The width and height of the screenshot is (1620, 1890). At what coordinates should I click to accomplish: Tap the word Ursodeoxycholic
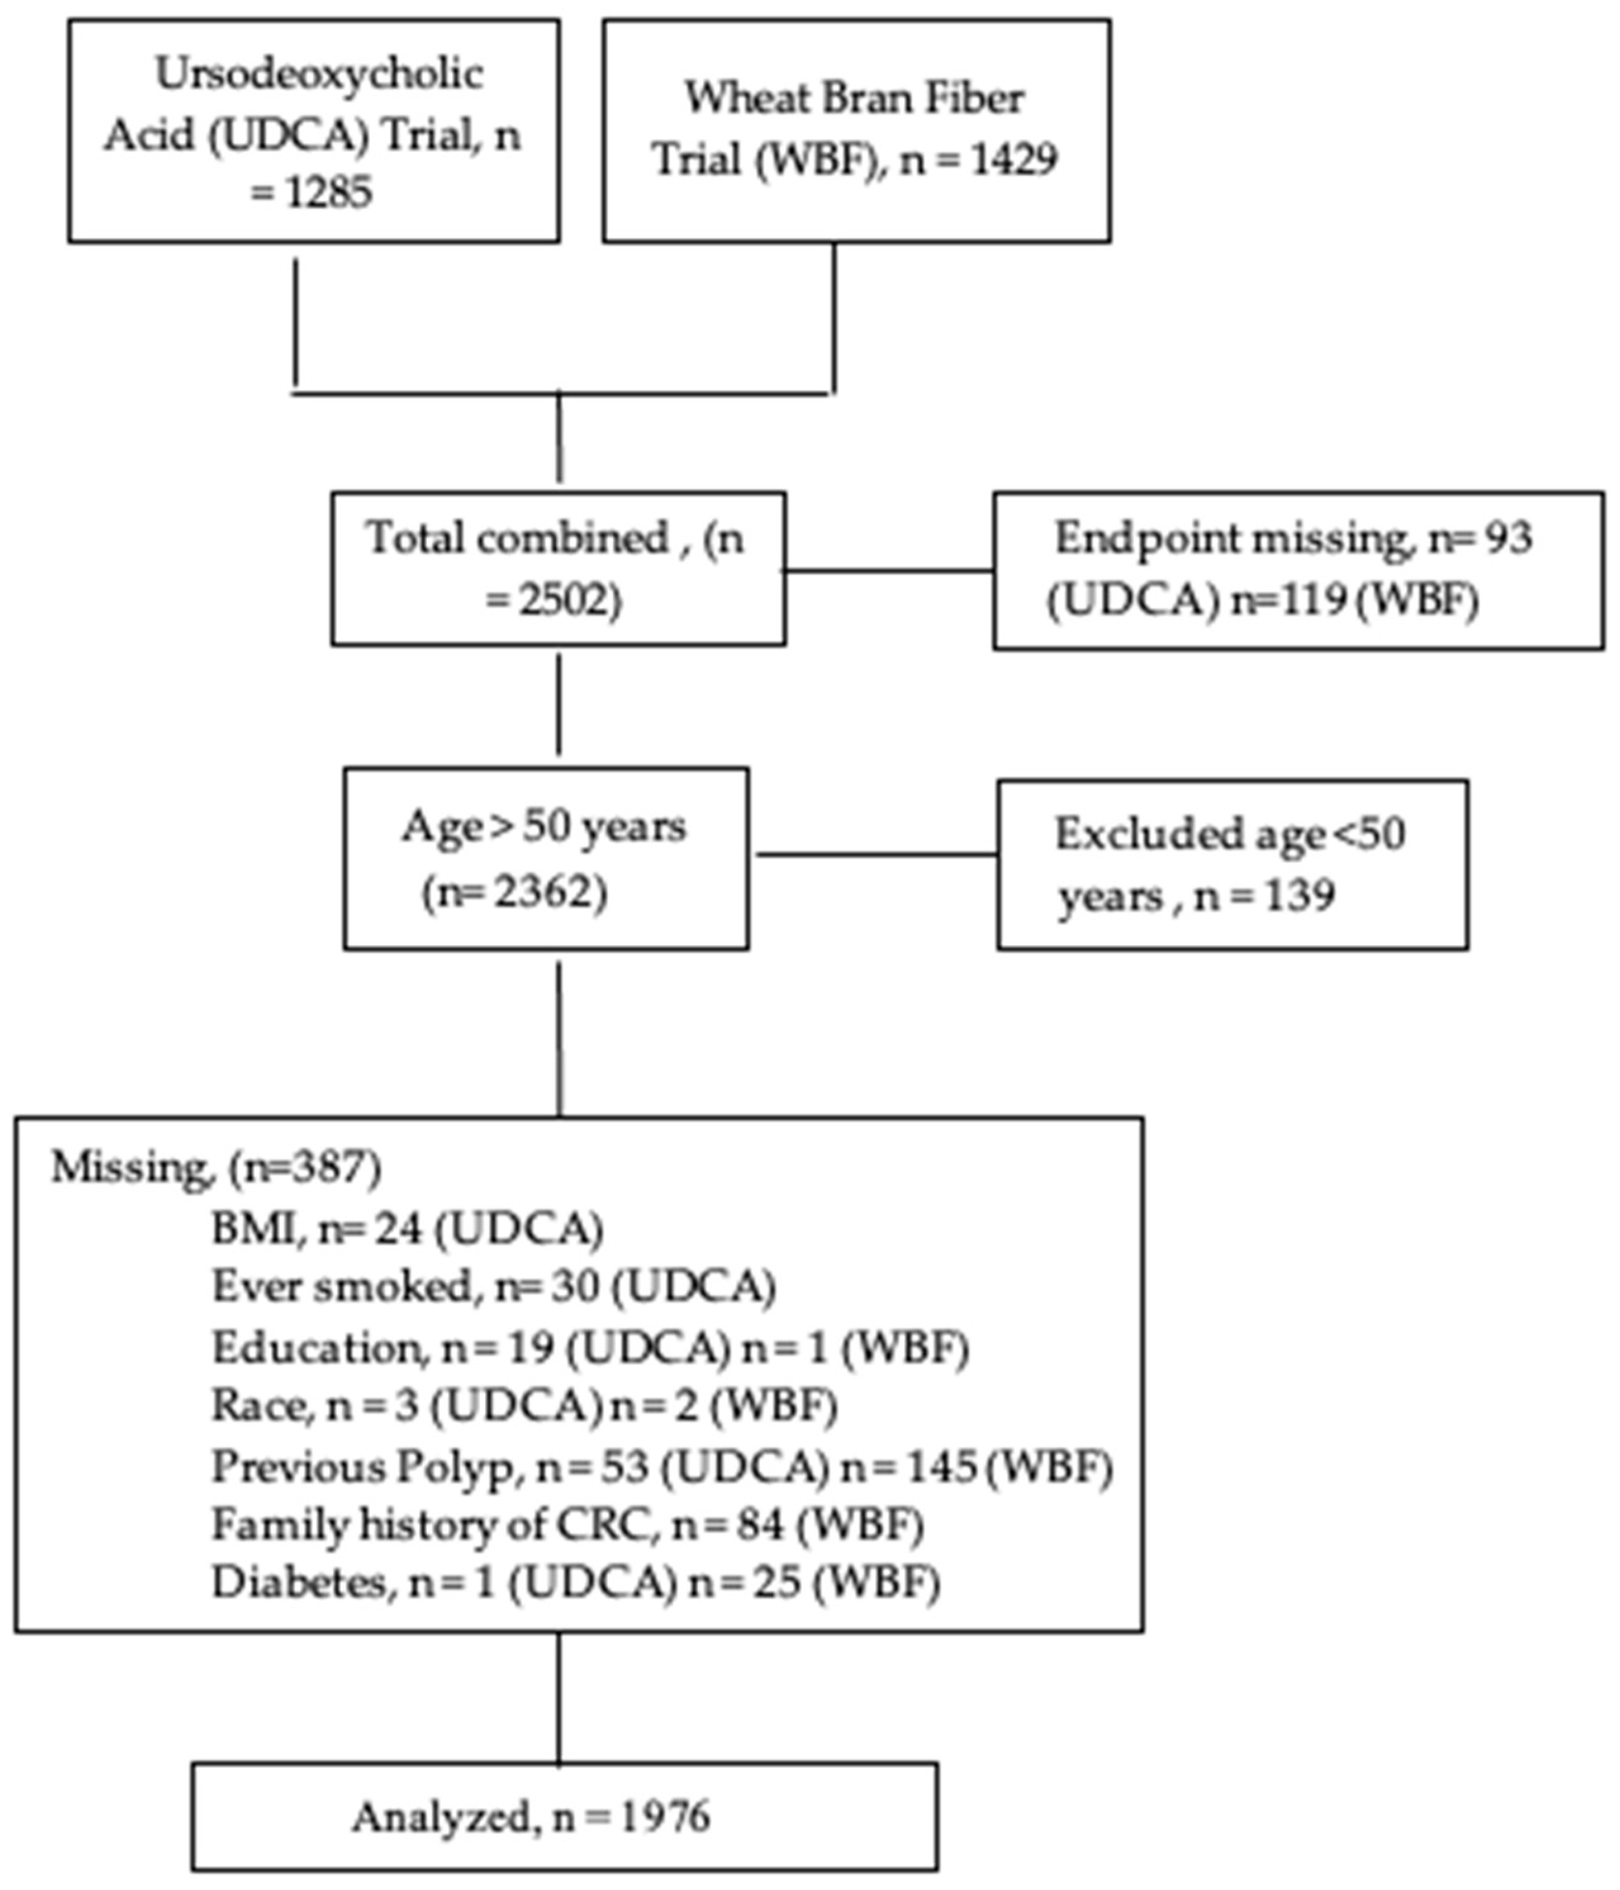tap(319, 75)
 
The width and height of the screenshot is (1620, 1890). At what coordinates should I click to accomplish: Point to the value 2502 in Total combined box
tap(564, 600)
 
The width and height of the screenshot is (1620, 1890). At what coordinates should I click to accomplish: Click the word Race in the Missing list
tap(256, 1406)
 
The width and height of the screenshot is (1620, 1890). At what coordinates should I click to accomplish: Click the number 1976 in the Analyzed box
tap(665, 1818)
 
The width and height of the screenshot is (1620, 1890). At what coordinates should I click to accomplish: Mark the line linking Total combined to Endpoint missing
tap(889, 572)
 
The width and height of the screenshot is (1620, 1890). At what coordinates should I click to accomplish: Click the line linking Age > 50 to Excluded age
tap(876, 855)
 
